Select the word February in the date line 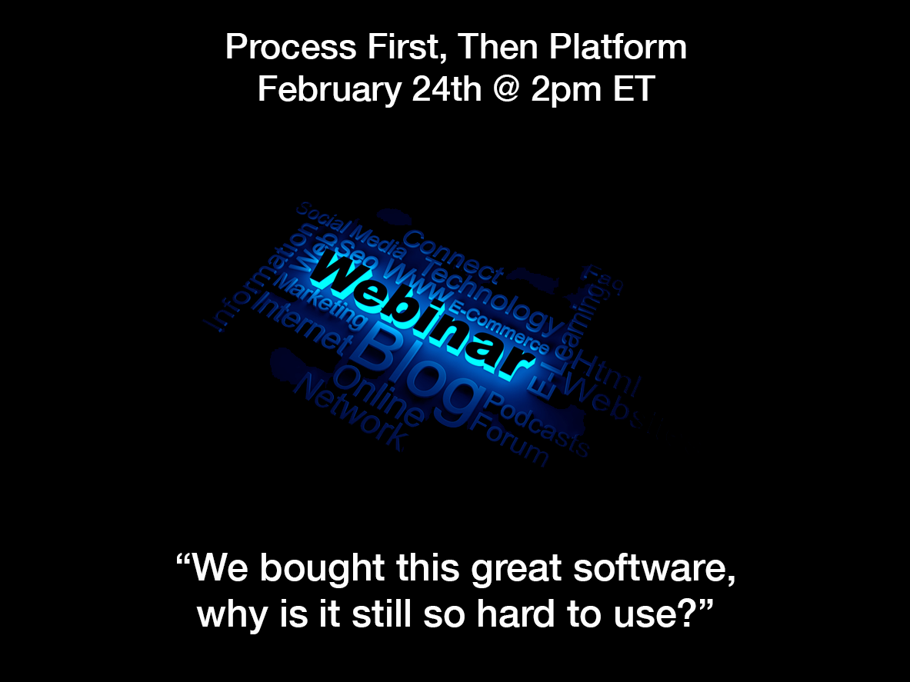coord(328,89)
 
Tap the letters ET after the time coord(632,89)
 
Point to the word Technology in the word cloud coord(492,296)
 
